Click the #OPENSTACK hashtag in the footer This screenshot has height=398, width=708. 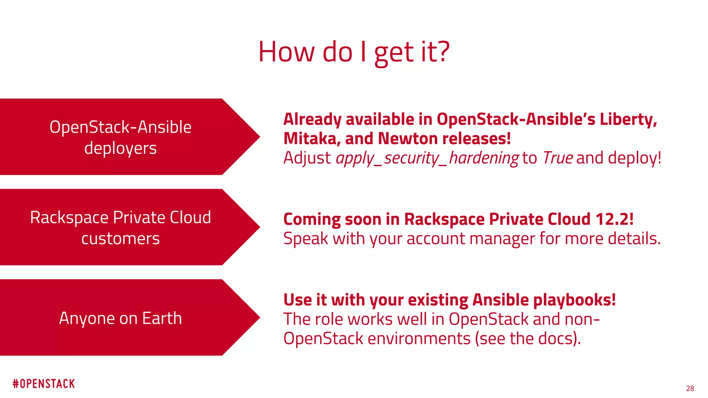click(x=44, y=384)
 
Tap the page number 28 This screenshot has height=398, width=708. click(x=690, y=388)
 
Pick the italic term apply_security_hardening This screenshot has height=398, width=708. click(x=427, y=158)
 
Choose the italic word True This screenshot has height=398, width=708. click(x=558, y=158)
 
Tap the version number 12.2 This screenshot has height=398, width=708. click(x=613, y=219)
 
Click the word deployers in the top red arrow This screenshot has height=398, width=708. click(x=120, y=149)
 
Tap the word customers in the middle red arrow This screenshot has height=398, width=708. click(x=120, y=239)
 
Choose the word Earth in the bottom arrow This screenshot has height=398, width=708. click(x=162, y=318)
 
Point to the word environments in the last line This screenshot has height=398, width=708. click(x=419, y=338)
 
